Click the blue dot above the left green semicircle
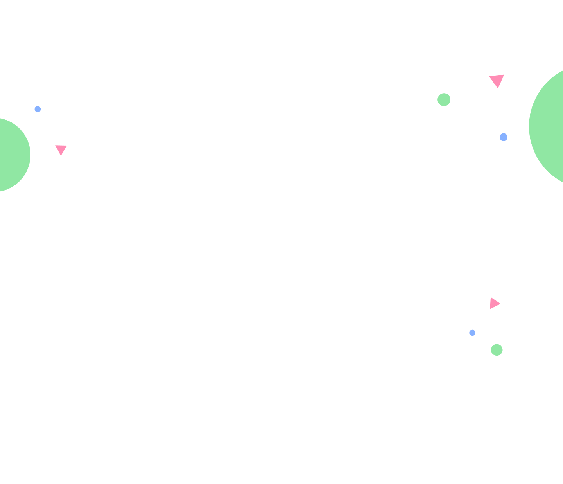coord(38,109)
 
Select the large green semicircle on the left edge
coord(12,155)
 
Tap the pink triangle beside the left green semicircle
coord(61,149)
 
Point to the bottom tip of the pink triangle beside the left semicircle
coord(61,155)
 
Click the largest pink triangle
coord(497,80)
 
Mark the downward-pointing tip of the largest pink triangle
coord(498,88)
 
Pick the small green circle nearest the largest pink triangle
coord(444,100)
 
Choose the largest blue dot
coord(504,137)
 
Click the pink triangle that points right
coord(494,303)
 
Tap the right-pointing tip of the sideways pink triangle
coord(500,303)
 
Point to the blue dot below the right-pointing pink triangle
coord(472,333)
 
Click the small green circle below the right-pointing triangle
coord(497,350)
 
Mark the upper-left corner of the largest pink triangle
coord(489,76)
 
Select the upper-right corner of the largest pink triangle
coord(504,74)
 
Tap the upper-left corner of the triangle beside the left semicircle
coord(56,146)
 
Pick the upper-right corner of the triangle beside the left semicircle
coord(67,146)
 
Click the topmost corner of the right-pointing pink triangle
coord(491,297)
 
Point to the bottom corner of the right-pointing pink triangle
coord(490,309)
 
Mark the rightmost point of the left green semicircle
coord(30,155)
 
